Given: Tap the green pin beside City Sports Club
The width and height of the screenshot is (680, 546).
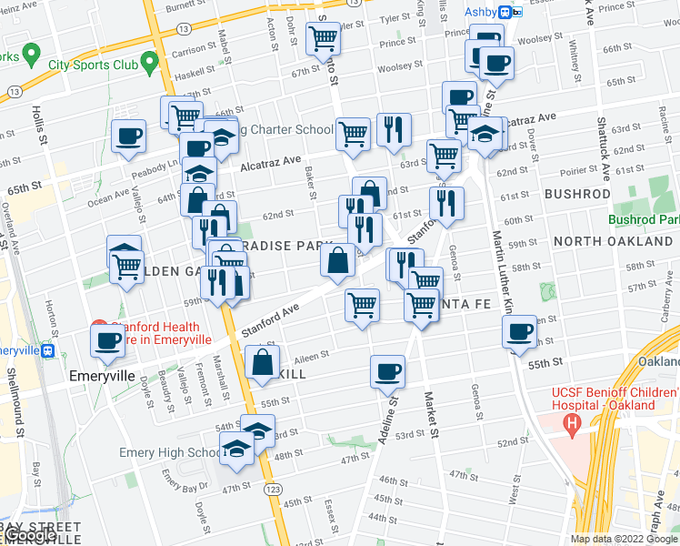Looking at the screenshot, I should (150, 63).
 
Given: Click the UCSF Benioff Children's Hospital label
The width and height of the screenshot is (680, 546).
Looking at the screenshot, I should (603, 399).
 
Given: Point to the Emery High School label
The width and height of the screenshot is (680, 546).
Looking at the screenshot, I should (170, 453).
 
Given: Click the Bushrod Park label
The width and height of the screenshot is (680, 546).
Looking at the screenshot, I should (643, 219).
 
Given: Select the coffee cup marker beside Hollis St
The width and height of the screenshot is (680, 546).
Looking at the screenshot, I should (128, 136).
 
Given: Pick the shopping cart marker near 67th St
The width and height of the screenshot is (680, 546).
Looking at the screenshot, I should (323, 39).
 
